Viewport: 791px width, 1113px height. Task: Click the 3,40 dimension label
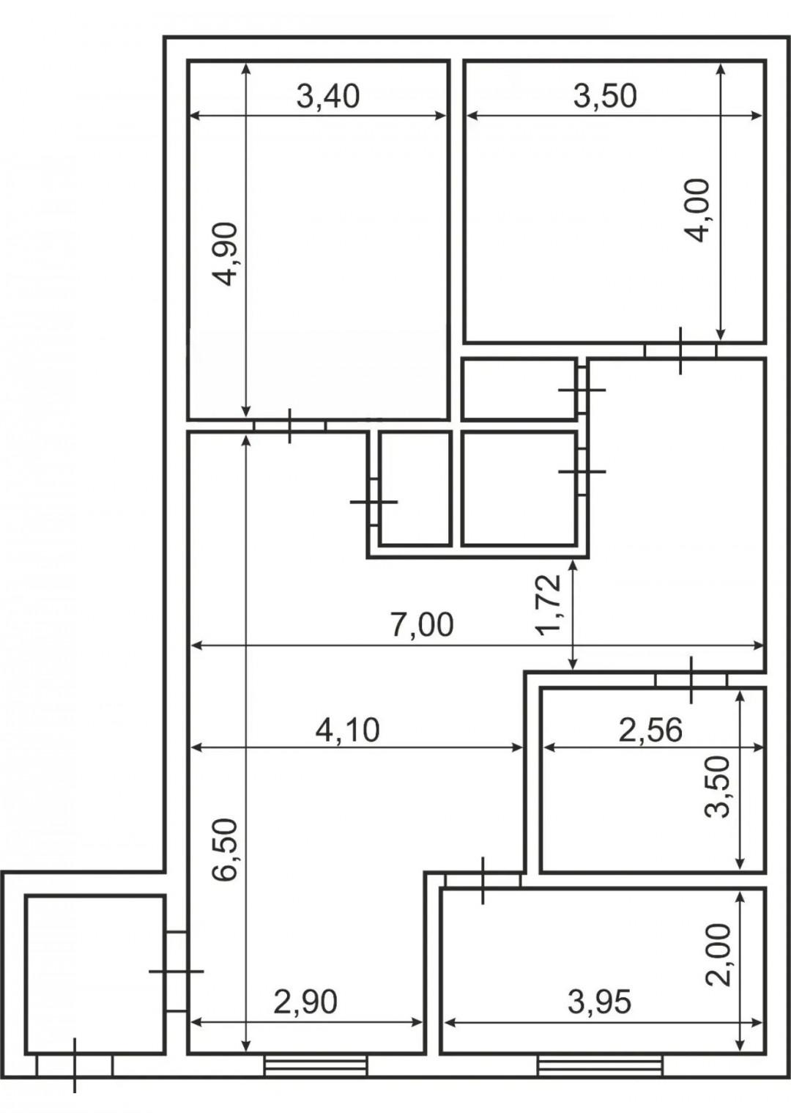click(x=327, y=97)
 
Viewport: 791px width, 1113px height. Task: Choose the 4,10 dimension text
click(x=348, y=730)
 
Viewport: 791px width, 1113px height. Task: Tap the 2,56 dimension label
click(x=650, y=730)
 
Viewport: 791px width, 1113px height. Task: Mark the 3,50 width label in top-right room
click(x=605, y=97)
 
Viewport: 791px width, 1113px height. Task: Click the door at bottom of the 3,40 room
click(x=289, y=426)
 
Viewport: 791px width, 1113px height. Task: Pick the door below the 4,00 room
click(x=680, y=350)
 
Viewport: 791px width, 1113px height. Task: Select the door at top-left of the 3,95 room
click(x=483, y=880)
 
